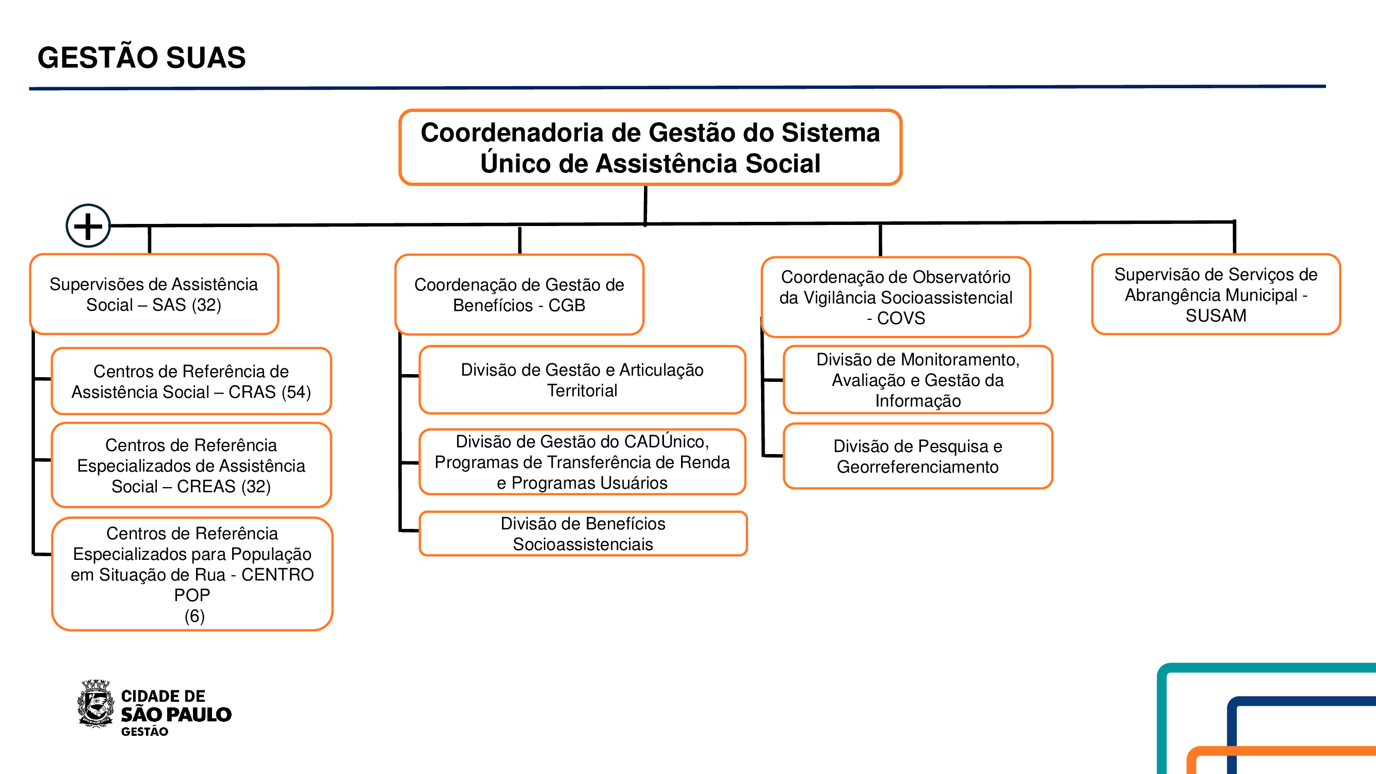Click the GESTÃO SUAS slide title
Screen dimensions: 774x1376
pyautogui.click(x=141, y=58)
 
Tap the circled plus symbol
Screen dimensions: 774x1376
pyautogui.click(x=88, y=226)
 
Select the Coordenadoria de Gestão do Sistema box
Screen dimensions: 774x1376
pyautogui.click(x=650, y=148)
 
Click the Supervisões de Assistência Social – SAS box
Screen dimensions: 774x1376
pyautogui.click(x=154, y=294)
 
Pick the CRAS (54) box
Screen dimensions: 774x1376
pyautogui.click(x=191, y=381)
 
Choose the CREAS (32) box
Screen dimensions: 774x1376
pyautogui.click(x=191, y=465)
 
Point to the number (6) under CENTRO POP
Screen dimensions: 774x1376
pyautogui.click(x=195, y=616)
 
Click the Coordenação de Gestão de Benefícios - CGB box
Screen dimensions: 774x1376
pyautogui.click(x=519, y=295)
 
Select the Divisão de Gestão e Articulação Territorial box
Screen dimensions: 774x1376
pyautogui.click(x=582, y=380)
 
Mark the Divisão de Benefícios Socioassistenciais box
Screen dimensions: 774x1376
pyautogui.click(x=583, y=534)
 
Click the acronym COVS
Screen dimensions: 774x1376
pyautogui.click(x=901, y=318)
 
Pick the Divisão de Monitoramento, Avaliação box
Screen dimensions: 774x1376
pyautogui.click(x=918, y=380)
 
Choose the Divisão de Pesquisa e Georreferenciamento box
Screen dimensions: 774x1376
pyautogui.click(x=918, y=456)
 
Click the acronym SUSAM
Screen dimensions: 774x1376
pyautogui.click(x=1216, y=316)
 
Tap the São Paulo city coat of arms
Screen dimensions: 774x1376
pyautogui.click(x=96, y=703)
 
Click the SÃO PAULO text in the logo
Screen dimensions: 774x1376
pyautogui.click(x=176, y=714)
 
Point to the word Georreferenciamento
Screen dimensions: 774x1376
pyautogui.click(x=918, y=467)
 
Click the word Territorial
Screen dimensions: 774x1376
pyautogui.click(x=582, y=391)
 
